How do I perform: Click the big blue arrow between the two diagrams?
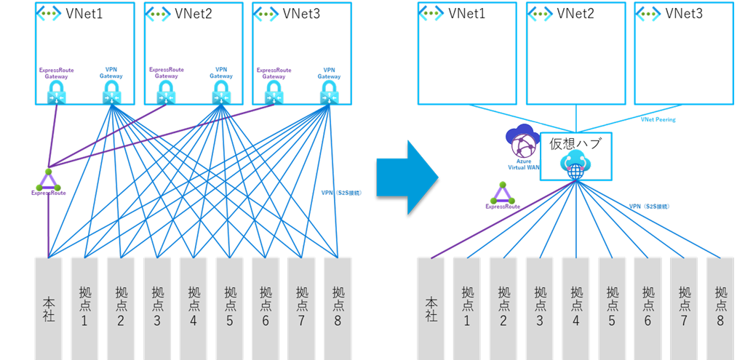pos(406,177)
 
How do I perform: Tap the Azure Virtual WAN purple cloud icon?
pos(523,139)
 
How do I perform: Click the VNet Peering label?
pos(658,119)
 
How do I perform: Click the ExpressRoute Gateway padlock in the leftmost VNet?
pos(56,92)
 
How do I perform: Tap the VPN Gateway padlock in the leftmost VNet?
pos(111,92)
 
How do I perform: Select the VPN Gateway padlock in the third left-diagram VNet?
pos(329,92)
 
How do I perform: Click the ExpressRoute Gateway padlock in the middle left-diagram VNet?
pos(166,92)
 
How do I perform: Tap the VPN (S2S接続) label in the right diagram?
pos(649,207)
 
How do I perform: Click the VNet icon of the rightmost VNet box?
pos(649,13)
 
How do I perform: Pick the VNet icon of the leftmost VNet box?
pos(49,13)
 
